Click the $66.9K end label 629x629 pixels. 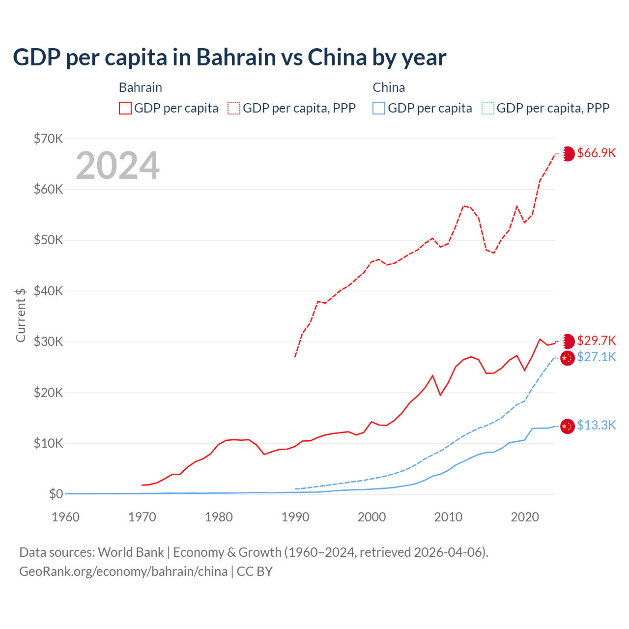click(596, 153)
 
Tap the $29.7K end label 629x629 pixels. click(596, 341)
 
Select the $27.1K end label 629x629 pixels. click(596, 357)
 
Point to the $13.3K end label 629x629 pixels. click(596, 425)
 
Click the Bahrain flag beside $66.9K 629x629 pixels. click(568, 154)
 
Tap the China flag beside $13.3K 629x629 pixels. click(568, 426)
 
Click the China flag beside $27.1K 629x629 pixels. click(568, 358)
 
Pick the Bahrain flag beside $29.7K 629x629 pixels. click(568, 341)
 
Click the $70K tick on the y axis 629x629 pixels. click(48, 139)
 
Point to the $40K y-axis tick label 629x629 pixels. click(48, 291)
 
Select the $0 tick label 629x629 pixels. click(56, 494)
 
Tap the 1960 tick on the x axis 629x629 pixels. click(65, 517)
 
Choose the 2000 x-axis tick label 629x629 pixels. click(372, 517)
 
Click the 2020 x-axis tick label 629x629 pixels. click(525, 517)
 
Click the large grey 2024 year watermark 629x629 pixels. click(118, 166)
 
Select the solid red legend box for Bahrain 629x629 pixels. click(125, 108)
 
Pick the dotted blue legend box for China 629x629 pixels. click(488, 108)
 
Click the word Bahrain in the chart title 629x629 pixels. click(236, 57)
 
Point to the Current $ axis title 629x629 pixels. click(21, 315)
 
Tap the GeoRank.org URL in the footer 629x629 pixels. click(123, 572)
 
